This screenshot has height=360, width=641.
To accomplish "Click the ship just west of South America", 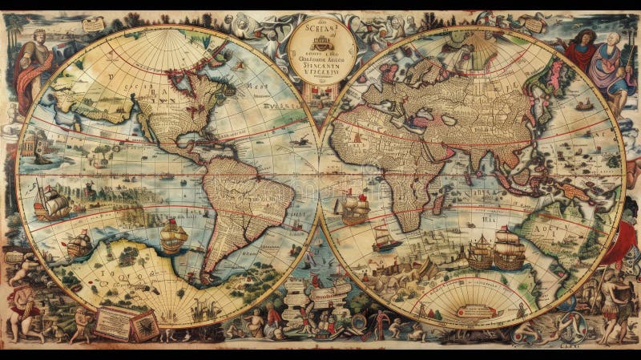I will click(x=173, y=236).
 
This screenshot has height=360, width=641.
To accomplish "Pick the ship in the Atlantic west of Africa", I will click(x=354, y=208).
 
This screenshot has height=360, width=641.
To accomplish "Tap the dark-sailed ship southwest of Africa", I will click(x=386, y=237).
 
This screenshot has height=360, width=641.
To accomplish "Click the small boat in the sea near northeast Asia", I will click(x=584, y=104).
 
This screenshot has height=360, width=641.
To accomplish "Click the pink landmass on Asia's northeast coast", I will click(x=552, y=80).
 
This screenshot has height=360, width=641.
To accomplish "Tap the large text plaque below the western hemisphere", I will click(x=113, y=323).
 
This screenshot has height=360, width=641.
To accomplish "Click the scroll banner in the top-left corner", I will click(x=93, y=25).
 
